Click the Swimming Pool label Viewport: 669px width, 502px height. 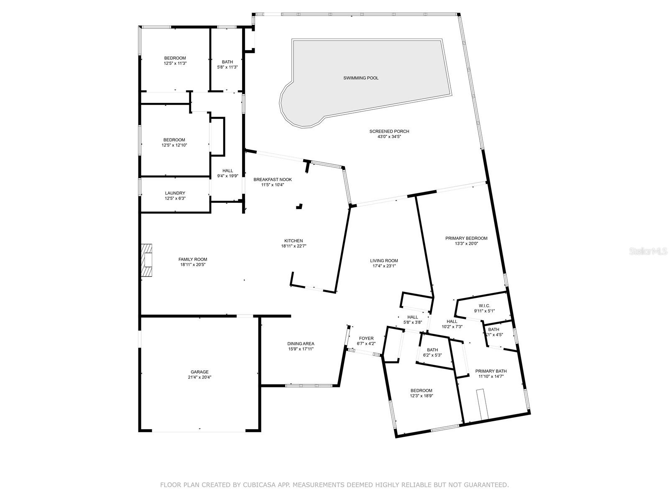point(361,78)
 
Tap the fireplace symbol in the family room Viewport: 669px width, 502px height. point(147,260)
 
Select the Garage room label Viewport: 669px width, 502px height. point(199,372)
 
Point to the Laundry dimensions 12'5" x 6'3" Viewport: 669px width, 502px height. point(175,198)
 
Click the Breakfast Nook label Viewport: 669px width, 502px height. point(273,179)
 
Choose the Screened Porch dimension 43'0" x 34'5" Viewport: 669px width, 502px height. point(389,136)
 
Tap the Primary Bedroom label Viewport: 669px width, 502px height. point(466,238)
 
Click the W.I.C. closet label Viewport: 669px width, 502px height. point(484,306)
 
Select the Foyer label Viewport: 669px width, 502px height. point(366,338)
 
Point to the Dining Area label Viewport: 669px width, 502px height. point(301,344)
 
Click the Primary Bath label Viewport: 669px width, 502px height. point(491,371)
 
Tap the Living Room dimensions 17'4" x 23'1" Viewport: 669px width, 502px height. point(384,266)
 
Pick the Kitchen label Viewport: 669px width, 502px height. point(294,241)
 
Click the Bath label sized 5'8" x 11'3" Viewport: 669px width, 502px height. point(227,67)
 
